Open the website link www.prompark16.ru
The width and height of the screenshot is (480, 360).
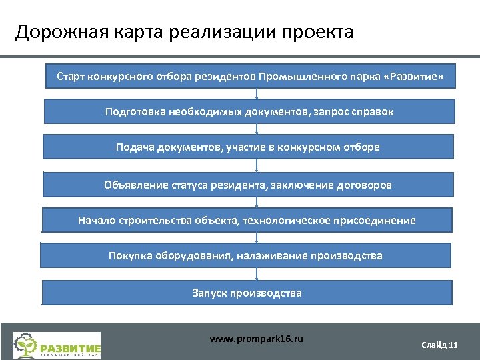click(256, 339)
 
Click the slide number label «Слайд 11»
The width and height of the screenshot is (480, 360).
click(439, 345)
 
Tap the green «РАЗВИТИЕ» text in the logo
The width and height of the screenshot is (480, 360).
click(71, 348)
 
